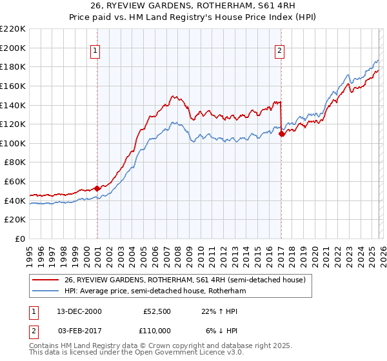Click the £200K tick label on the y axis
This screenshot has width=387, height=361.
pos(13,48)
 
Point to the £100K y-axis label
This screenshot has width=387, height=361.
pos(13,143)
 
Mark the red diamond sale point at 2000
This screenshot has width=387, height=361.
pos(97,188)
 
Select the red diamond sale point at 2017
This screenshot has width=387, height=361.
pos(282,133)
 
